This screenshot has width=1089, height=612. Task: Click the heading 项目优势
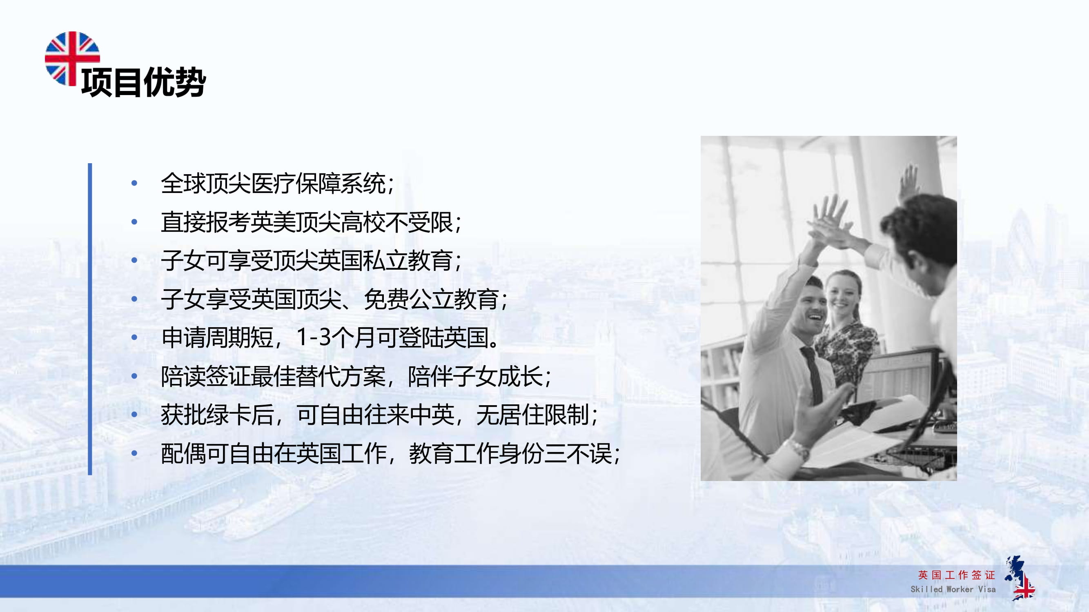(x=143, y=82)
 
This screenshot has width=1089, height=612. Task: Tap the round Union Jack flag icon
(x=72, y=58)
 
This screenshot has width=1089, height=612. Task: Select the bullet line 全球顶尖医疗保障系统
(x=277, y=184)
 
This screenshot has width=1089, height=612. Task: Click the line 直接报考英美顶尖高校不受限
(x=311, y=222)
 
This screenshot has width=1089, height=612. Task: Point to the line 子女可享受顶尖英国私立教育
(x=311, y=261)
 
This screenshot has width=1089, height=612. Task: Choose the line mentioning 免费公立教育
(x=334, y=299)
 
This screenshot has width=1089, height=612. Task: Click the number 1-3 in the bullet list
(x=313, y=337)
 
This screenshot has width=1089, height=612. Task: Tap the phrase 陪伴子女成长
(x=479, y=376)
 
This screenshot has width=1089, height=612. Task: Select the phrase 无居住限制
(x=537, y=415)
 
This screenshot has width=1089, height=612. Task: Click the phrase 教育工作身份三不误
(x=514, y=454)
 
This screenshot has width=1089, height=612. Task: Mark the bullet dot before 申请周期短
(x=134, y=337)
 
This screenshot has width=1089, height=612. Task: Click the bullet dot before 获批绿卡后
(x=134, y=415)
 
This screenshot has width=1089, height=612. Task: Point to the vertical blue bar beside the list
(x=90, y=319)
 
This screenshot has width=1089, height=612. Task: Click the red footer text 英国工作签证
(x=956, y=575)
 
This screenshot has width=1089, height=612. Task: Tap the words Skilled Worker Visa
(x=953, y=589)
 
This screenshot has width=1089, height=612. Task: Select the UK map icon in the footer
(x=1020, y=578)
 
